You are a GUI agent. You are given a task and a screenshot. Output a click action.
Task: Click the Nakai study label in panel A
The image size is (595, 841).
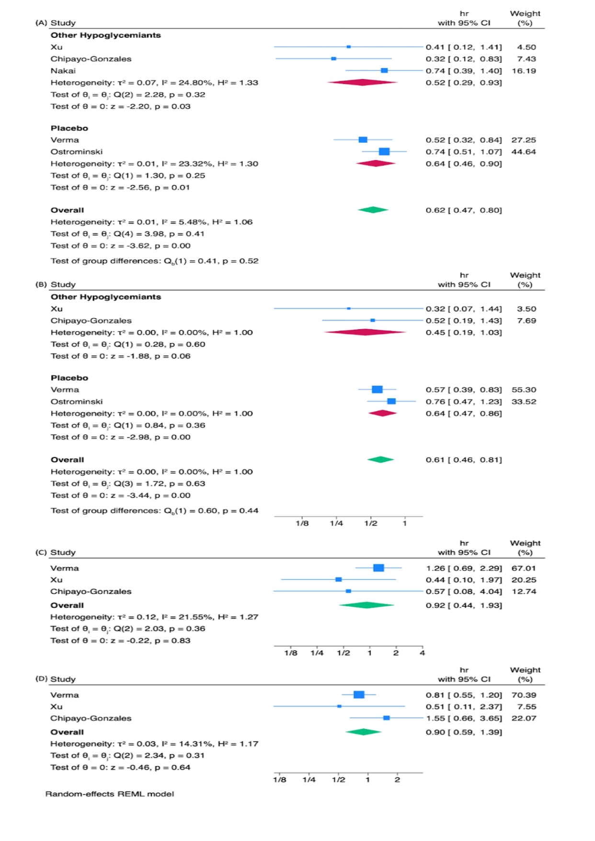[63, 71]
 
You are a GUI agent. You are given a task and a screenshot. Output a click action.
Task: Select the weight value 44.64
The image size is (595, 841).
[524, 152]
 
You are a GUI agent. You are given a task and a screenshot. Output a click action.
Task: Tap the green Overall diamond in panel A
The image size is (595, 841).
[373, 210]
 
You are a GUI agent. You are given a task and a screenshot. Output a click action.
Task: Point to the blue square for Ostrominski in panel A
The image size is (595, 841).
[384, 152]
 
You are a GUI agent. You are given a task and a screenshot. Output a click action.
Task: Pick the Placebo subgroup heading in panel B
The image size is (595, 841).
[69, 378]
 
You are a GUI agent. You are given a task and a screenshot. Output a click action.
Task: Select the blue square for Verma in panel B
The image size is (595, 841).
[377, 390]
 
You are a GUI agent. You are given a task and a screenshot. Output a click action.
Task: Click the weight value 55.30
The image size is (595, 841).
[524, 390]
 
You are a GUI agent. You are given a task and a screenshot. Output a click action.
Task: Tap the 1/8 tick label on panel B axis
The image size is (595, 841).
[302, 523]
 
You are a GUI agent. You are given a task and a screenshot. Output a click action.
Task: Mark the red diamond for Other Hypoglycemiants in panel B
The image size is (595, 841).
[365, 332]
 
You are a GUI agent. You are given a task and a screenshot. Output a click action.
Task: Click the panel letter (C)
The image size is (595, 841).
[41, 553]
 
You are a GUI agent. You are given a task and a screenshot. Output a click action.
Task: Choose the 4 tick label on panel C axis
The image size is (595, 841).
[422, 653]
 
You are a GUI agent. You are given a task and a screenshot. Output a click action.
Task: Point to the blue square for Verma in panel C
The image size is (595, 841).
[378, 568]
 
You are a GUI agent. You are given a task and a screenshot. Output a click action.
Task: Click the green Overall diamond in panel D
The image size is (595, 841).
[364, 732]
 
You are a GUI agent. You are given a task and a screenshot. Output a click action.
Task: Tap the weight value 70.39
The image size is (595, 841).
[524, 695]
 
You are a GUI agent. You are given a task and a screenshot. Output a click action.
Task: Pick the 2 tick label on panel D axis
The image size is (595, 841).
[397, 780]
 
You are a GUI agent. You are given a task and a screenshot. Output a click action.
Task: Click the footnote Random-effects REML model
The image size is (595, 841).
[110, 794]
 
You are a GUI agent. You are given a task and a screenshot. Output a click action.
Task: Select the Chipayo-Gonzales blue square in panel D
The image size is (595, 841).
[387, 718]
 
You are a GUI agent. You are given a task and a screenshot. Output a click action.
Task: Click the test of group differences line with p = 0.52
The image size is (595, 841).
[155, 261]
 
